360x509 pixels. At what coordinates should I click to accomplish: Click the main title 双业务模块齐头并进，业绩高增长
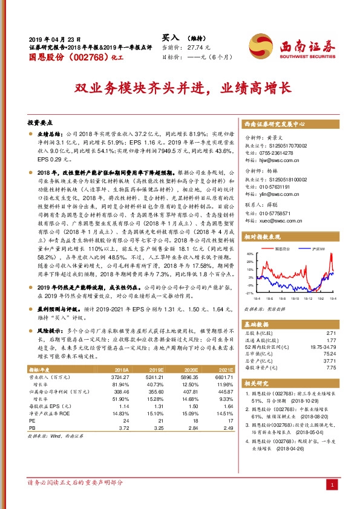click(182, 88)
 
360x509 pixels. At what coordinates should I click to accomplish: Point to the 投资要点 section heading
click(42, 122)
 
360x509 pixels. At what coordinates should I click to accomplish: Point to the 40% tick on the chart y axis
click(249, 254)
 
